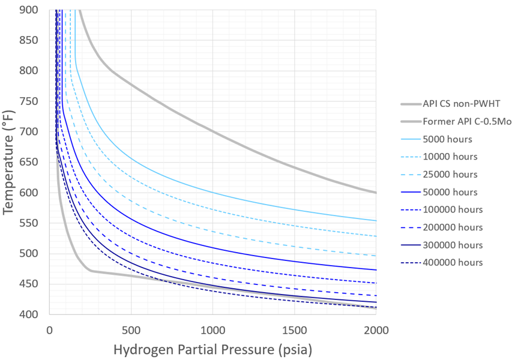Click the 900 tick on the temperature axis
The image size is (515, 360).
30,10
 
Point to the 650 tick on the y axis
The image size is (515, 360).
30,162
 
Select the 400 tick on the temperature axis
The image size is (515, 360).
30,314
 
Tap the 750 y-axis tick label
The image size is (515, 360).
30,101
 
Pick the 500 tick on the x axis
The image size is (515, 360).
131,329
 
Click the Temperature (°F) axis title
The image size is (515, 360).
9,162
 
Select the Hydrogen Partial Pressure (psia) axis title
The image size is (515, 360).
212,349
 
